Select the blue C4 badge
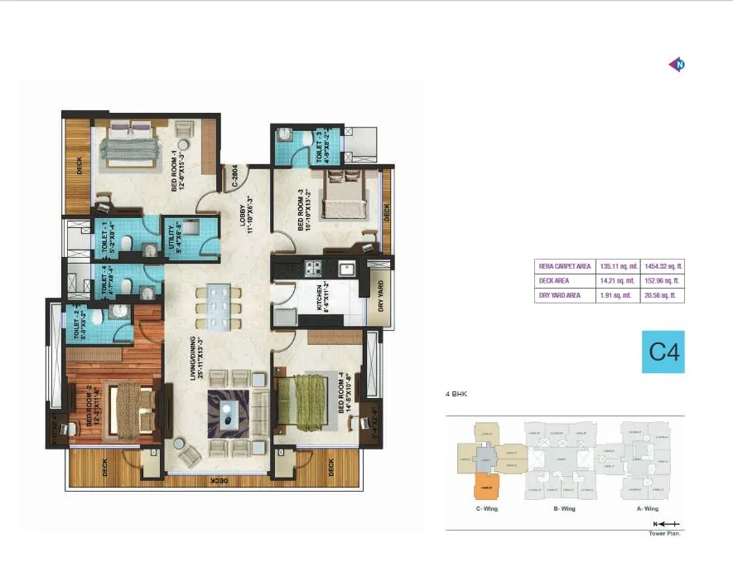coord(663,352)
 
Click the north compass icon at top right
coord(678,65)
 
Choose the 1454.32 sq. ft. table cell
coord(664,266)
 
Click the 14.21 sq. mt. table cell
coord(619,281)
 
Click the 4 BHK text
coord(456,395)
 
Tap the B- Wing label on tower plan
coord(562,508)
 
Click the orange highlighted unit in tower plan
coord(485,487)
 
